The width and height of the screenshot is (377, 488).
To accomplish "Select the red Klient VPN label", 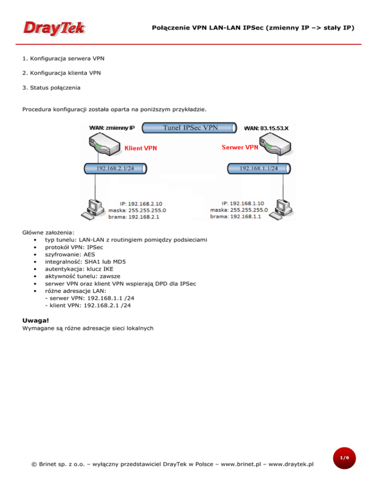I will click(x=141, y=147).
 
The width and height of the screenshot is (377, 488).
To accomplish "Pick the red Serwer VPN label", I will click(x=240, y=147).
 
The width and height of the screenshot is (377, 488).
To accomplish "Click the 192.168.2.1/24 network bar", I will click(x=115, y=168).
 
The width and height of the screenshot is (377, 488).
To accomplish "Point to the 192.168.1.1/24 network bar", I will click(x=259, y=168).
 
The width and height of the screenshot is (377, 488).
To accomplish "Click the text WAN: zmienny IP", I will click(x=111, y=128).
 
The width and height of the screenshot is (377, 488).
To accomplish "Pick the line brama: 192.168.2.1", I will click(x=137, y=216).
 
